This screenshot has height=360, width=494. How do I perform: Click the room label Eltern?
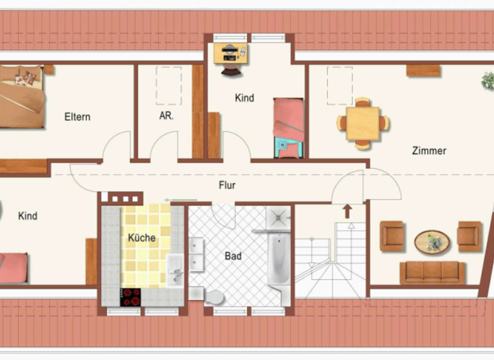(x=77, y=117)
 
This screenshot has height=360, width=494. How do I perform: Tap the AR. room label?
(x=167, y=117)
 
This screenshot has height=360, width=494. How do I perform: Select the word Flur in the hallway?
(x=227, y=185)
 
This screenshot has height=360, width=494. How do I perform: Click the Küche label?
(x=142, y=238)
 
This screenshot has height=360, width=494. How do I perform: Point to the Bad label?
(x=233, y=256)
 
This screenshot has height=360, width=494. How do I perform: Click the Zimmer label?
(x=429, y=151)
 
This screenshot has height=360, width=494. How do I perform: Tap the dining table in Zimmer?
(x=363, y=123)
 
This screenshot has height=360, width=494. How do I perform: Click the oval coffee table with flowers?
(x=432, y=242)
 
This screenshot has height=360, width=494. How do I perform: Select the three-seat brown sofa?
(x=432, y=272)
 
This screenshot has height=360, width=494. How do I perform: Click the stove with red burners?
(x=131, y=296)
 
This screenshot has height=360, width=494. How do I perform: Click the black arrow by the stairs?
(x=347, y=211)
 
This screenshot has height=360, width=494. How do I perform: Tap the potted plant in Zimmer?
(x=488, y=81)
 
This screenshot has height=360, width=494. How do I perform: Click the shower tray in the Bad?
(x=279, y=219)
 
